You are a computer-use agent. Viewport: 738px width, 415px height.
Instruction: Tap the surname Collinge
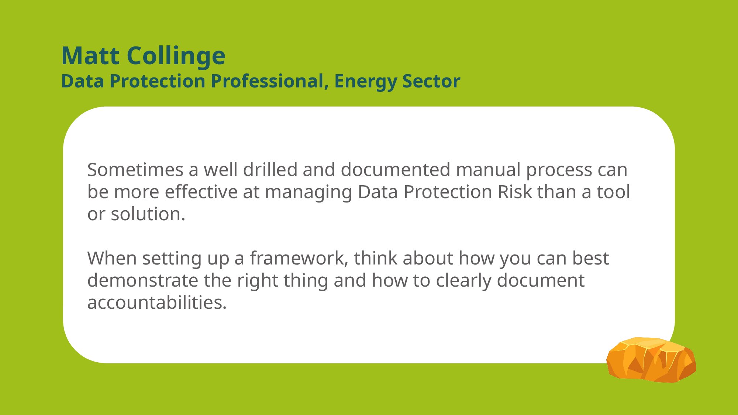point(176,56)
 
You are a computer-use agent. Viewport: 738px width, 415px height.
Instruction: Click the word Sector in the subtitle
point(431,82)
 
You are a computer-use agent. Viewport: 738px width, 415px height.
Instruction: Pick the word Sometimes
point(135,170)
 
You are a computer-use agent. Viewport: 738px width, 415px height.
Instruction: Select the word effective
point(201,192)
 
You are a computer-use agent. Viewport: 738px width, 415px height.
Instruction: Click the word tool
point(613,192)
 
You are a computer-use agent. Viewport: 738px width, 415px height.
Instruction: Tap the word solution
point(148,214)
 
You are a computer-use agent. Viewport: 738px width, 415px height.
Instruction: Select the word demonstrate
point(143,280)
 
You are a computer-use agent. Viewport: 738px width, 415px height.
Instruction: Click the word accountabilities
point(157,302)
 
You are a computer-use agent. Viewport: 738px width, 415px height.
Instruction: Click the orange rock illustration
point(651,360)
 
